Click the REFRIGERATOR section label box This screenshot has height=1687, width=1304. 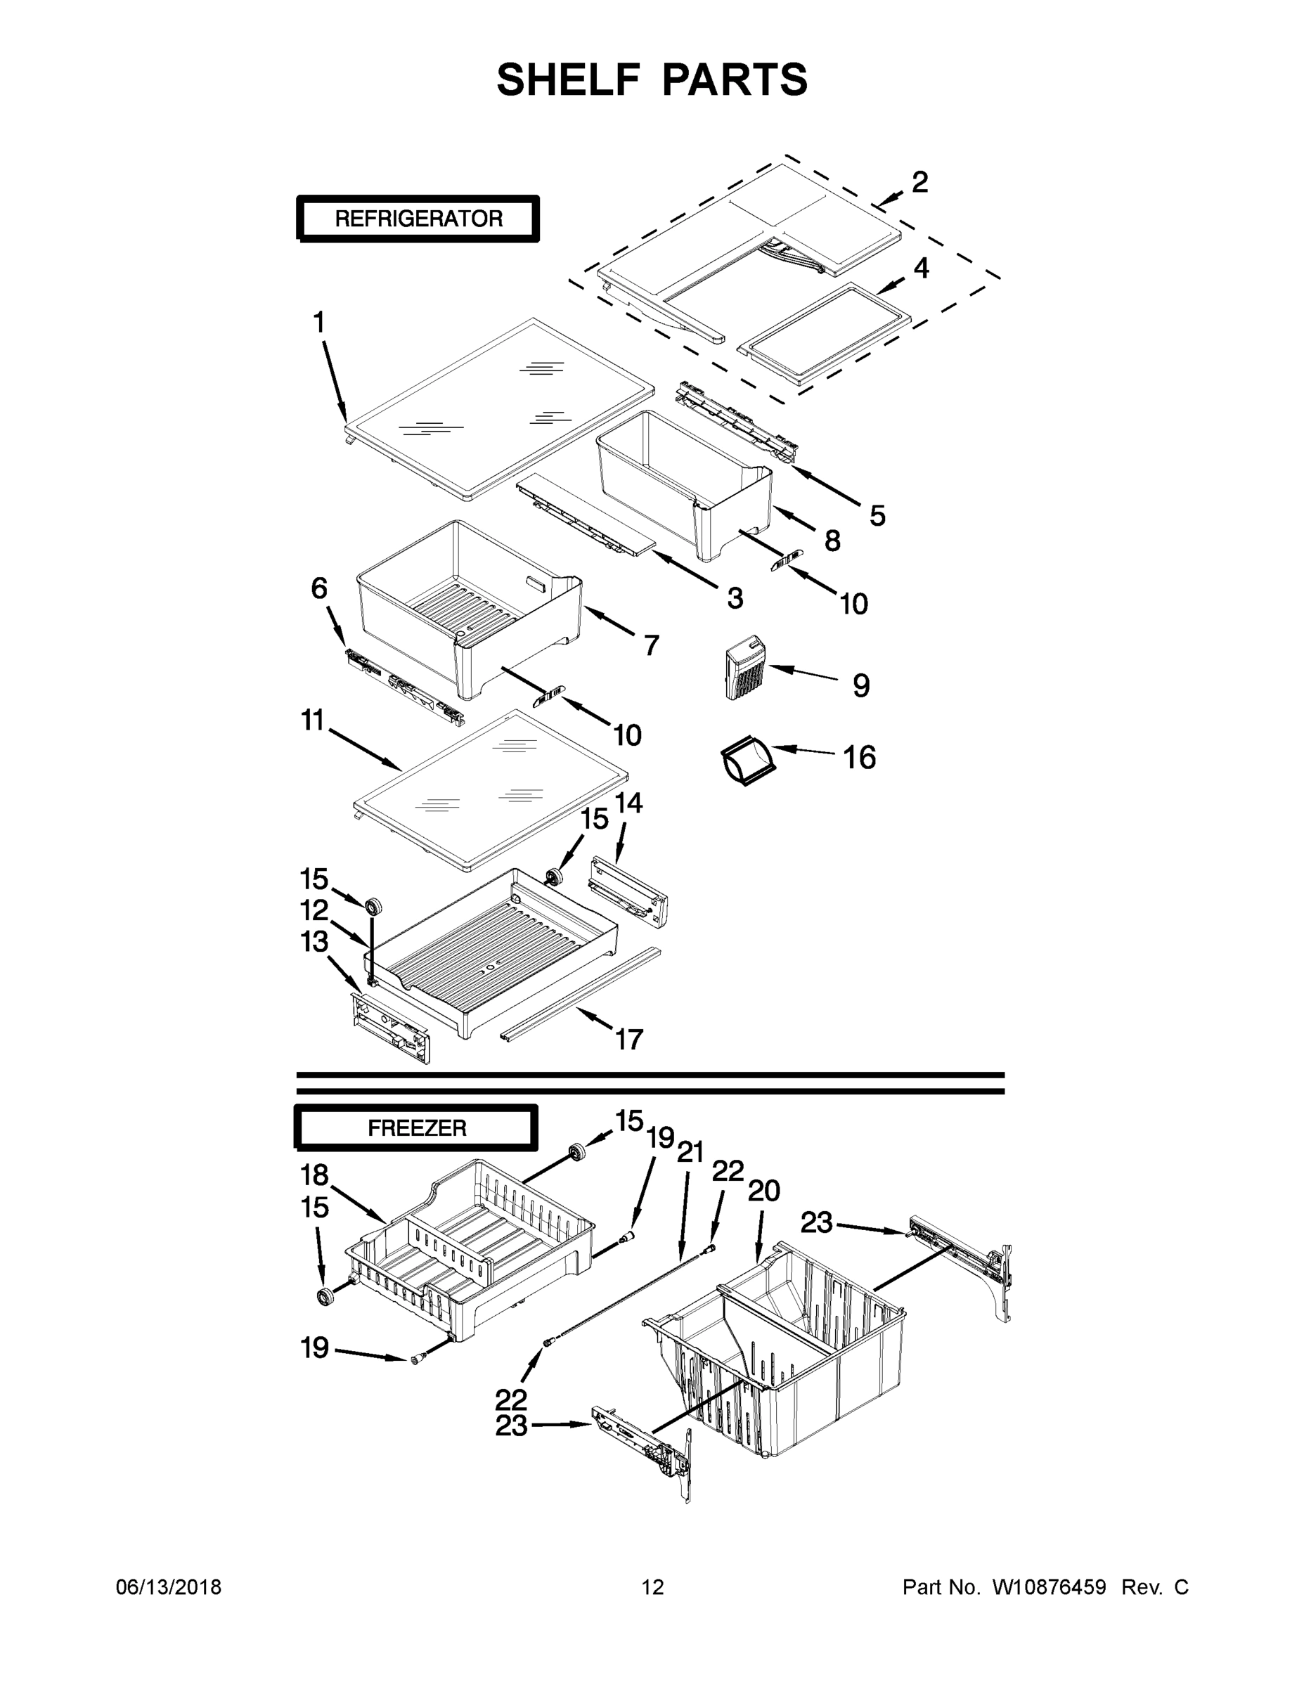pos(418,219)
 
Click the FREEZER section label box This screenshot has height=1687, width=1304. pos(416,1128)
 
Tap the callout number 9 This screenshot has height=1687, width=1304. pos(861,686)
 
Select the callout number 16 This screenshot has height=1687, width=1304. pos(859,758)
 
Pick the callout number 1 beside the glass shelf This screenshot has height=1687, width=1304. pos(319,322)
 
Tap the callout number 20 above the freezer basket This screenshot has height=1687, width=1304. pos(763,1191)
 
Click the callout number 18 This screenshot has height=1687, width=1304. pos(314,1175)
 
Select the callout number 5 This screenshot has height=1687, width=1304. pos(877,515)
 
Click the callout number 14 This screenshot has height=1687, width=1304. pos(628,803)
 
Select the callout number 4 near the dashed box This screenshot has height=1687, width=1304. pos(921,268)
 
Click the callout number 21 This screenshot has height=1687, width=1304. pos(690,1153)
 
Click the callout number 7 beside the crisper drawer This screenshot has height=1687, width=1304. pos(651,645)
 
